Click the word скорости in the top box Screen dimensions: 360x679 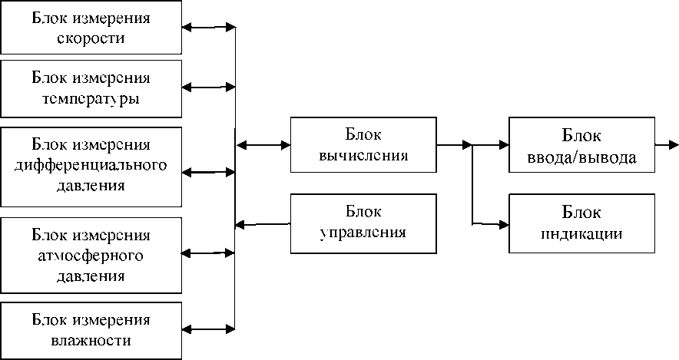91,38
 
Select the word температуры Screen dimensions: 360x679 91,98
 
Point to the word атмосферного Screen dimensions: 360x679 91,254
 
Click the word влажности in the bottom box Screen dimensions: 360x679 91,340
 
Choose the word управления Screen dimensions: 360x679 363,231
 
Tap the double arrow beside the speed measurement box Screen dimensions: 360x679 207,28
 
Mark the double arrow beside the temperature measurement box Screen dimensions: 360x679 207,88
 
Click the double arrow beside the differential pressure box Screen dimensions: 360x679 207,172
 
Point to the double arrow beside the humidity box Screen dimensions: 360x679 207,329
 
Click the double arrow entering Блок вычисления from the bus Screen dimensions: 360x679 263,144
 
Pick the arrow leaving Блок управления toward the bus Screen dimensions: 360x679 263,224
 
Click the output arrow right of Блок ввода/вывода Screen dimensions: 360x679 667,144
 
